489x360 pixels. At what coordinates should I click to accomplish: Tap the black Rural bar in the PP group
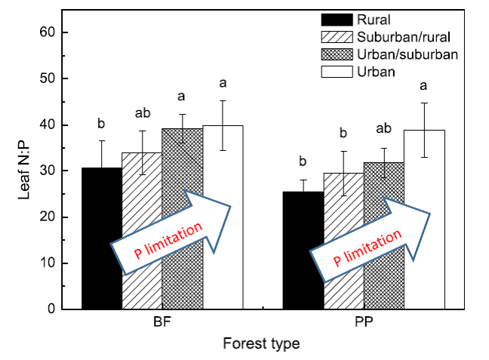tap(303, 249)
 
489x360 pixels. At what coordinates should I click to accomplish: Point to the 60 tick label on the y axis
tap(47, 32)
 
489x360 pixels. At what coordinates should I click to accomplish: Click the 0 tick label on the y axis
tap(51, 309)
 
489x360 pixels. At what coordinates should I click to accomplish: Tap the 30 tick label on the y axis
tap(47, 171)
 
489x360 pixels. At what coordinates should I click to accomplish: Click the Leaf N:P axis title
tap(23, 171)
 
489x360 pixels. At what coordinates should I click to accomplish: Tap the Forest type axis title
tap(261, 344)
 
